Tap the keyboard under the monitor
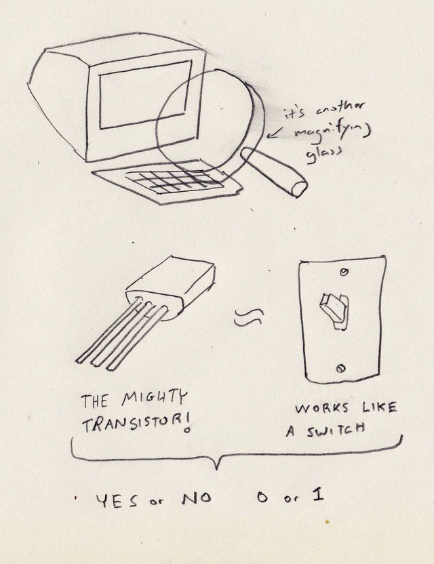point(175,180)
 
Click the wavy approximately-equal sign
point(248,317)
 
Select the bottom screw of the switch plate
point(340,368)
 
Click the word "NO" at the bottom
point(196,499)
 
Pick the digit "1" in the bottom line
point(317,496)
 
